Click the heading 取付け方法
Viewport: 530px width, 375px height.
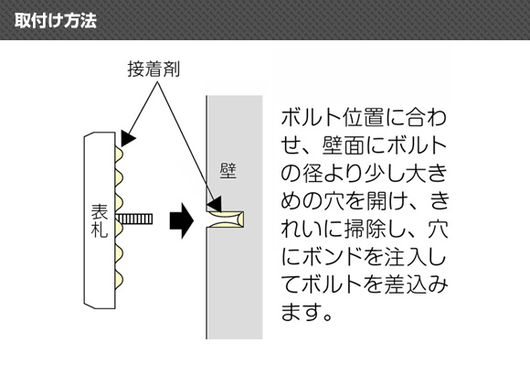(x=56, y=21)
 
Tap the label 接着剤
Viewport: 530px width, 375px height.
(x=154, y=70)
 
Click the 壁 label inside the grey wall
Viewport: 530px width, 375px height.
(x=228, y=171)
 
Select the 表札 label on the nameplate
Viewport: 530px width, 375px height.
(x=100, y=220)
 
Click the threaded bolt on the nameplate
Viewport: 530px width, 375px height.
(x=133, y=220)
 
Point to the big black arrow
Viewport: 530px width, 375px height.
(x=182, y=220)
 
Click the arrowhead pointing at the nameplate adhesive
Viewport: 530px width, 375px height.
(x=128, y=139)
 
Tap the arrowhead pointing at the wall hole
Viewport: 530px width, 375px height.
(x=215, y=204)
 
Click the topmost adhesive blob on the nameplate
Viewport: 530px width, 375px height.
(x=119, y=154)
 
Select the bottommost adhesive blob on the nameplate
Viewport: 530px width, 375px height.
(x=119, y=280)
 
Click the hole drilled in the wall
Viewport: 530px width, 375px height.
(x=225, y=220)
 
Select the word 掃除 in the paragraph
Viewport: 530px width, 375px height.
(x=366, y=230)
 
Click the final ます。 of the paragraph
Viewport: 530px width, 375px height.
(x=306, y=313)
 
